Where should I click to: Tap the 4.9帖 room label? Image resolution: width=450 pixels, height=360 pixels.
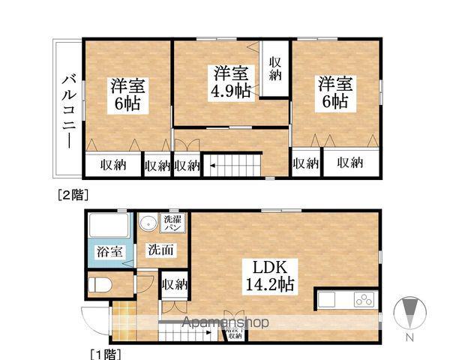pos(231,82)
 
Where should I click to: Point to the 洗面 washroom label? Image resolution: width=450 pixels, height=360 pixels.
pos(161,249)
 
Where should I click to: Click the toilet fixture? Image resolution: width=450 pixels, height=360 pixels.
pos(100,285)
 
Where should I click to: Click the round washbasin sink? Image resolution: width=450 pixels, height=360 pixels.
pos(147,223)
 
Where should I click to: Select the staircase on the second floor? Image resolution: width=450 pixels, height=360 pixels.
pos(232,164)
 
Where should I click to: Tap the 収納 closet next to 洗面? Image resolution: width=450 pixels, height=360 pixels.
pos(174,284)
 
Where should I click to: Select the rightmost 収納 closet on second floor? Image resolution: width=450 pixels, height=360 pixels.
pos(349,163)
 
